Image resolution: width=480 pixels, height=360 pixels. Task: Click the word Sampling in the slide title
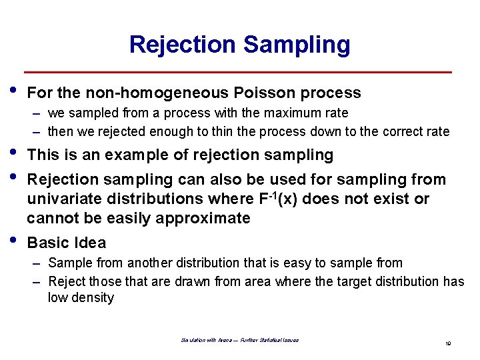click(297, 45)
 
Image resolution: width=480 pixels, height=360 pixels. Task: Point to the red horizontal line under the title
click(238, 72)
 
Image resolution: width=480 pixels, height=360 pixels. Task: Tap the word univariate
click(65, 199)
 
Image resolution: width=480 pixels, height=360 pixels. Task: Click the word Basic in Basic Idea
click(49, 243)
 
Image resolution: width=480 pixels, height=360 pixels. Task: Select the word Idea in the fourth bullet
click(89, 243)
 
